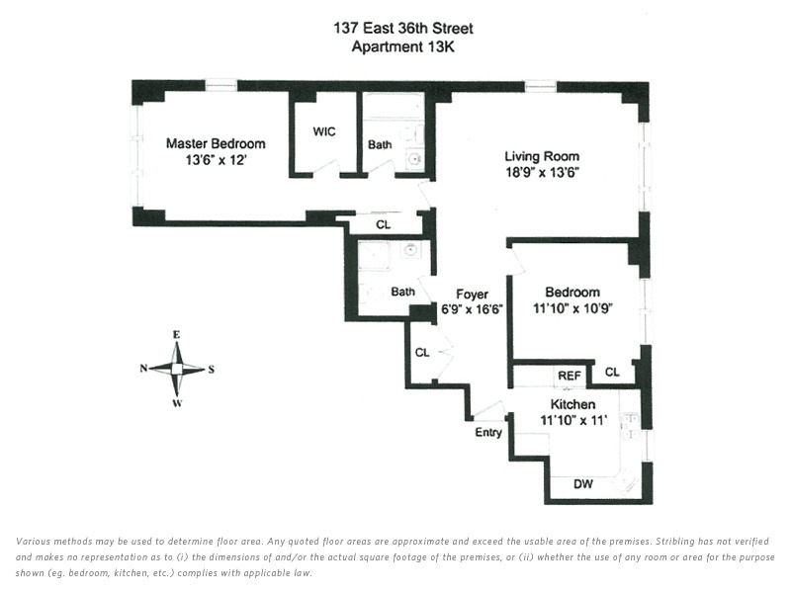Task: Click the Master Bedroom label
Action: click(x=215, y=143)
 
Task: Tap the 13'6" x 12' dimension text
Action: click(x=215, y=159)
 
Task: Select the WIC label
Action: click(x=324, y=131)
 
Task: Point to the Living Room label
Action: click(x=541, y=156)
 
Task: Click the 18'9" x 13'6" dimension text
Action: click(x=541, y=172)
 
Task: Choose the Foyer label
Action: click(x=472, y=294)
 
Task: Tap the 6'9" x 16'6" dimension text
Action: click(x=472, y=308)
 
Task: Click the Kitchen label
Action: click(x=572, y=405)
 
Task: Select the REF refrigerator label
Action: click(x=569, y=375)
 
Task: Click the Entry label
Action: click(x=488, y=432)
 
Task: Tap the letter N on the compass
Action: click(x=143, y=369)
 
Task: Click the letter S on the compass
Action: click(x=212, y=370)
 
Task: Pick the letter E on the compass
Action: click(x=177, y=334)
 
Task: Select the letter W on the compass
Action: click(x=177, y=403)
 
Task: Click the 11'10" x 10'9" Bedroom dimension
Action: click(x=572, y=308)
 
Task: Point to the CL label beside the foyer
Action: click(x=422, y=353)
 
